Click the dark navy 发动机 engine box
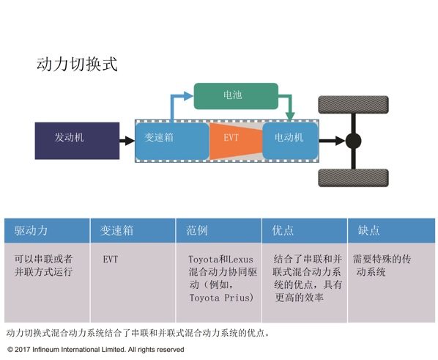(77, 141)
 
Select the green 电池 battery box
(236, 96)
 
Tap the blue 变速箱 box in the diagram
(172, 142)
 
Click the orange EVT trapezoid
(236, 142)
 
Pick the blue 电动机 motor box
(290, 141)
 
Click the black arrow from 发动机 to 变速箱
(127, 141)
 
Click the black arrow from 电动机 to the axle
(332, 141)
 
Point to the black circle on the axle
(353, 141)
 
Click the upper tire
(353, 105)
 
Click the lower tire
(353, 177)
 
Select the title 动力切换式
(77, 64)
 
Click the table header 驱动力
(31, 230)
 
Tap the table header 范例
(197, 230)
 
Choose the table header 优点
(283, 230)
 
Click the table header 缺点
(369, 230)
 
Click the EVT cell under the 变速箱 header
(111, 260)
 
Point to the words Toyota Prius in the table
(221, 298)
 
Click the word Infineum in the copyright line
(45, 350)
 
